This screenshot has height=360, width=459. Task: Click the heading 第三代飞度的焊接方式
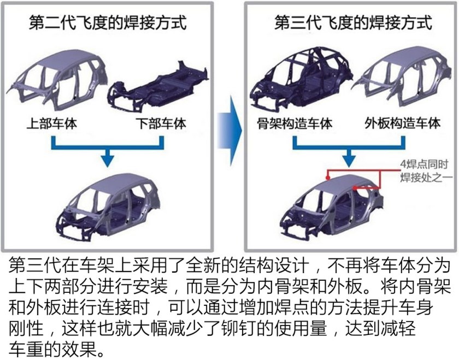tap(352, 23)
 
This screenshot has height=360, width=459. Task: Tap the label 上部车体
tap(52, 123)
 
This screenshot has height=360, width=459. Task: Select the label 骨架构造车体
tap(295, 123)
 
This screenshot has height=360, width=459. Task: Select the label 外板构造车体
tap(402, 123)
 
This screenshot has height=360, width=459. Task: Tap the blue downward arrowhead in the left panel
tap(108, 158)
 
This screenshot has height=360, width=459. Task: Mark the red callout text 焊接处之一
tap(424, 176)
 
